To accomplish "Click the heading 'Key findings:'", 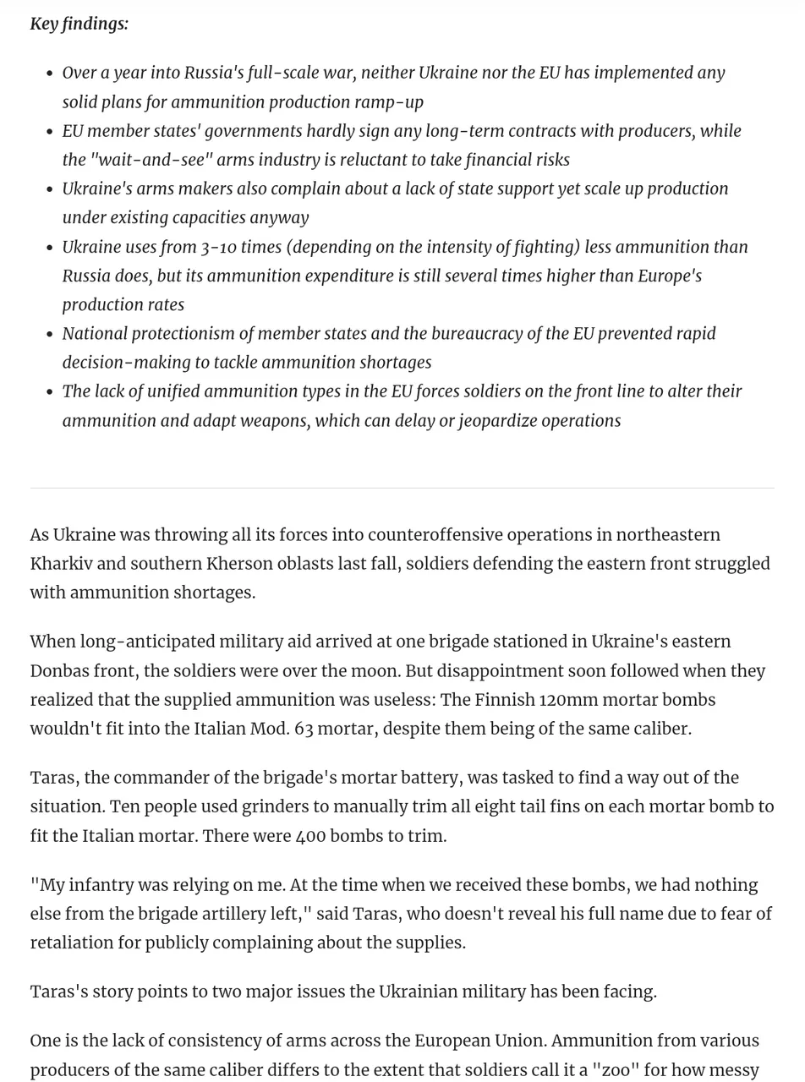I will coord(79,24).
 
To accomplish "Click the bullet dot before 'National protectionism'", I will coord(50,335).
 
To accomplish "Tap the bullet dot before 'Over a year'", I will coord(50,74).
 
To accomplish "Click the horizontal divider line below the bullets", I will coord(402,488).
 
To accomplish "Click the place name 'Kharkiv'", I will coord(61,564).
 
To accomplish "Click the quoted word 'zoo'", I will coord(621,1070).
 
